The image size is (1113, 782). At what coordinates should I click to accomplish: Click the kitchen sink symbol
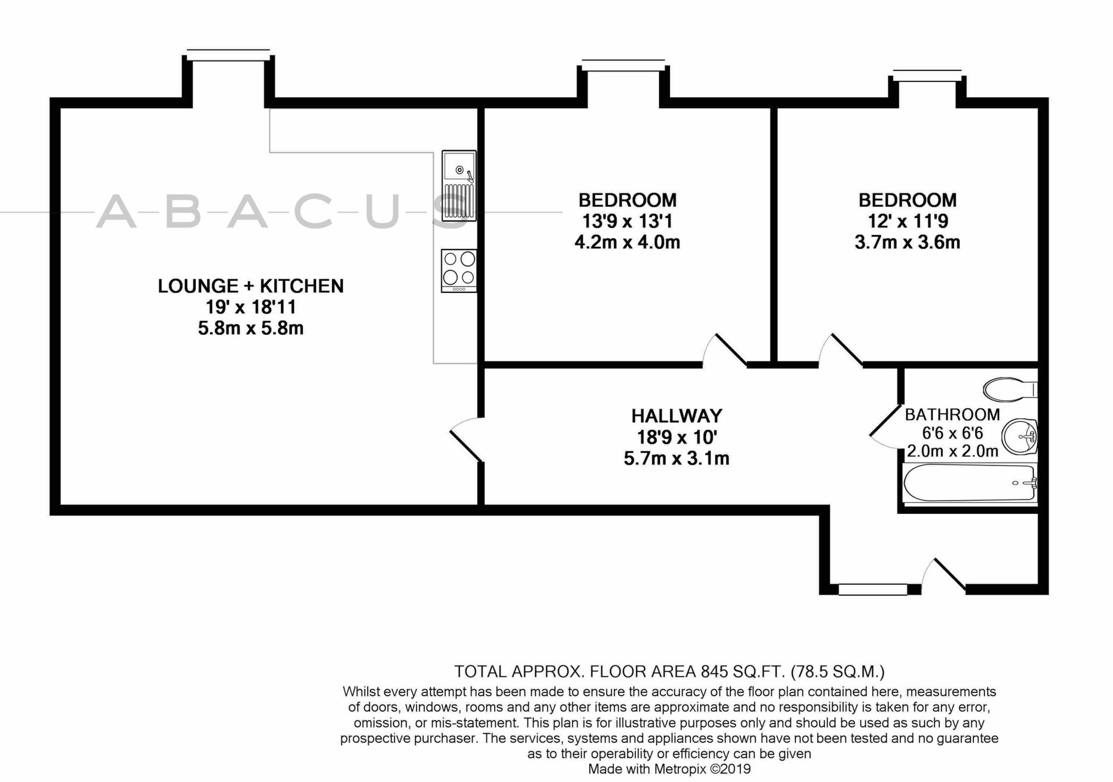pyautogui.click(x=458, y=186)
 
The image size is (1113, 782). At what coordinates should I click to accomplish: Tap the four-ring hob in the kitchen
pyautogui.click(x=459, y=270)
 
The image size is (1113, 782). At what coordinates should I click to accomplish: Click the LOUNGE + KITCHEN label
pyautogui.click(x=251, y=286)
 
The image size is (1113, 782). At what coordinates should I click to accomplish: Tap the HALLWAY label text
pyautogui.click(x=677, y=415)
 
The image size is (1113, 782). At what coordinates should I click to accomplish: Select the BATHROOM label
pyautogui.click(x=953, y=414)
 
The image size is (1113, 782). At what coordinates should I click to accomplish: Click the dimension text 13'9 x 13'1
pyautogui.click(x=627, y=221)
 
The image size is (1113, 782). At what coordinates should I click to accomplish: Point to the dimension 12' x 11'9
pyautogui.click(x=907, y=221)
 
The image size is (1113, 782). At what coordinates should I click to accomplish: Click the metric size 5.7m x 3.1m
pyautogui.click(x=676, y=458)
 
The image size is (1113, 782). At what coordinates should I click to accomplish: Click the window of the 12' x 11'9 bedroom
pyautogui.click(x=927, y=74)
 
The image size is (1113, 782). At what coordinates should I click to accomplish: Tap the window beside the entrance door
pyautogui.click(x=872, y=590)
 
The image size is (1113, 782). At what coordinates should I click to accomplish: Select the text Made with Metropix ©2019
pyautogui.click(x=669, y=769)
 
